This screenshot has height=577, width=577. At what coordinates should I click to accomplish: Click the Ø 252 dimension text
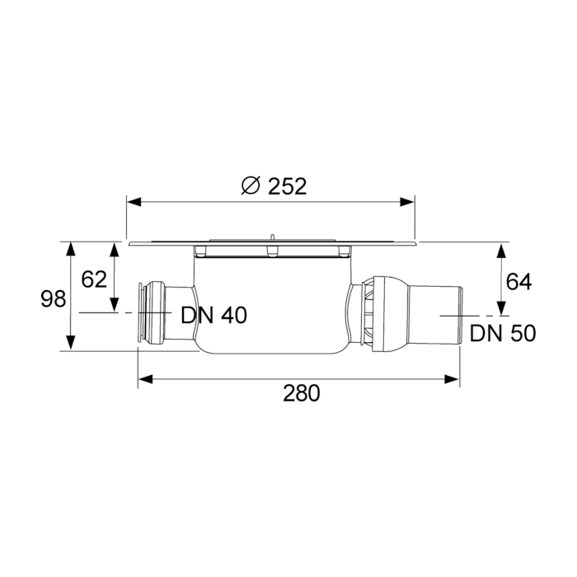pos(274,186)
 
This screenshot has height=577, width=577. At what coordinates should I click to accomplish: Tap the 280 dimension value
pos(302,393)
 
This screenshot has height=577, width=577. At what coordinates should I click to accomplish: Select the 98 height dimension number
pos(54,298)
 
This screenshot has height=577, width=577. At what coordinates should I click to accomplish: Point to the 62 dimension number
pos(94,279)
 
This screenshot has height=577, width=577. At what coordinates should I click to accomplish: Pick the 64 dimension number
pos(518,282)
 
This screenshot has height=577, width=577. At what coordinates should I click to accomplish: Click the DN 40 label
pos(213,316)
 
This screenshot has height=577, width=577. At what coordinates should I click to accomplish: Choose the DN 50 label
pos(503,333)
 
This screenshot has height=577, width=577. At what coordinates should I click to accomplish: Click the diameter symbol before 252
pos(251,186)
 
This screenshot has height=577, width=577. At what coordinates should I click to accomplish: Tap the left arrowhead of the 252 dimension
pos(134,202)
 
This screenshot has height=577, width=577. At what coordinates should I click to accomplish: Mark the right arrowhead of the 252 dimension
pos(407,202)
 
